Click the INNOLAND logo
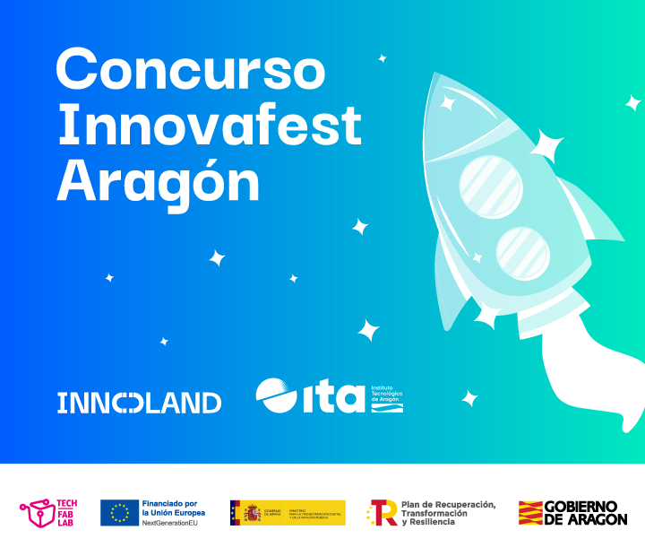tap(139, 403)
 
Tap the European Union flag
tap(118, 513)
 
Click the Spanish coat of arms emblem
tap(250, 513)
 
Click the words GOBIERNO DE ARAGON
tap(586, 513)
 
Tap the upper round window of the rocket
tap(491, 186)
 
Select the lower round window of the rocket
tap(523, 252)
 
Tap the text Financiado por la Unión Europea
tap(175, 508)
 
